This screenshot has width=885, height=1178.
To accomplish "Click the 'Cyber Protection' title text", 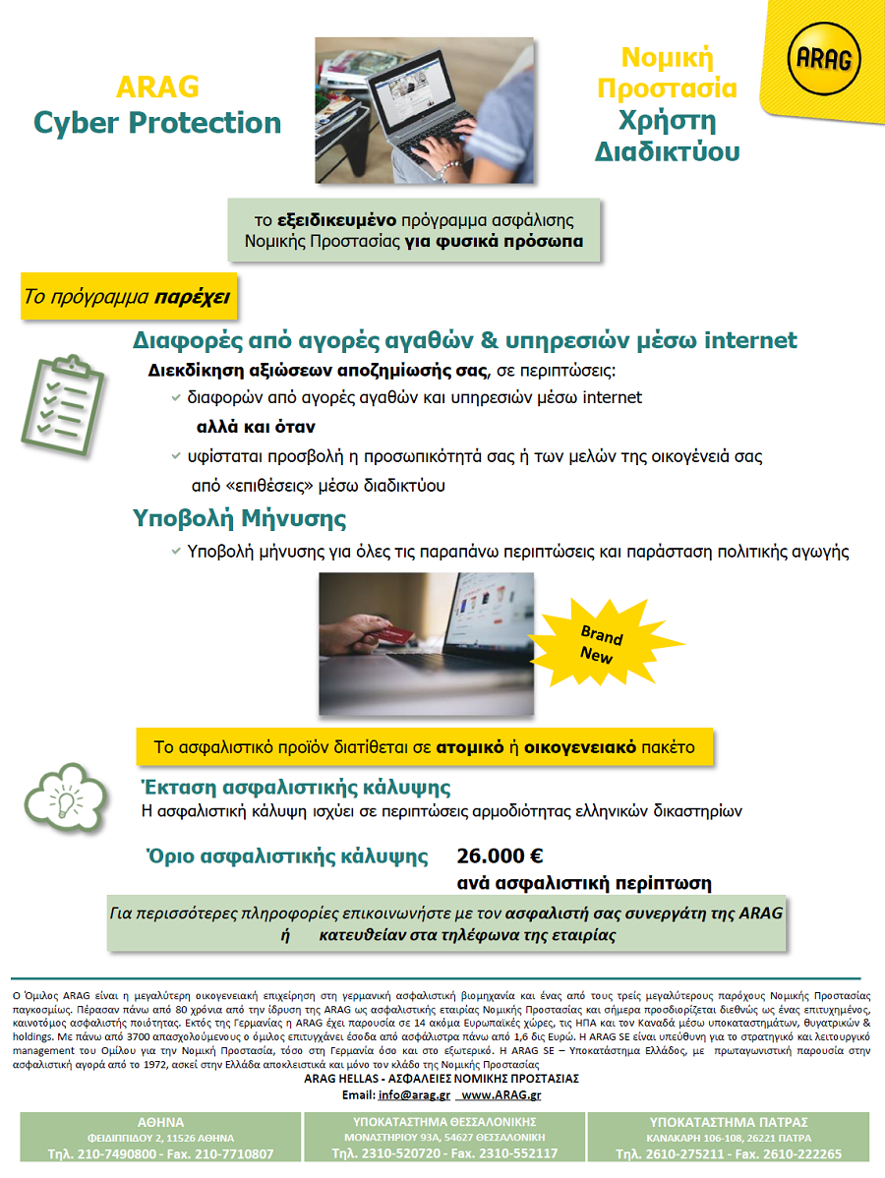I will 157,123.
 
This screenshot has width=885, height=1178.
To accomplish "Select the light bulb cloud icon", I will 67,799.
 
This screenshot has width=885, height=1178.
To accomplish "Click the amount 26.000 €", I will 501,855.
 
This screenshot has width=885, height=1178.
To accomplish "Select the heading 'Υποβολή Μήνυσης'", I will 239,518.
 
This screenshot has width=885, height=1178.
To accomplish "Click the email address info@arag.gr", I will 414,1094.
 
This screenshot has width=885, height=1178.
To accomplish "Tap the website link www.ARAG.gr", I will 501,1094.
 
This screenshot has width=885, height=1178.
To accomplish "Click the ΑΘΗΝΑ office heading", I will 160,1122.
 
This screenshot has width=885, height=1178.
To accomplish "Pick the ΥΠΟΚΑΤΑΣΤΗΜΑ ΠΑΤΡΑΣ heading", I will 729,1122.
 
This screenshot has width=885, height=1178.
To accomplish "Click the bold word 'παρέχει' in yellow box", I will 192,296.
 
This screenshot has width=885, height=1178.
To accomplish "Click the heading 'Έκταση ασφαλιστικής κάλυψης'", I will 297,787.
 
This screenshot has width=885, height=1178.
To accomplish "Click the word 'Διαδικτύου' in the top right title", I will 667,152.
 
